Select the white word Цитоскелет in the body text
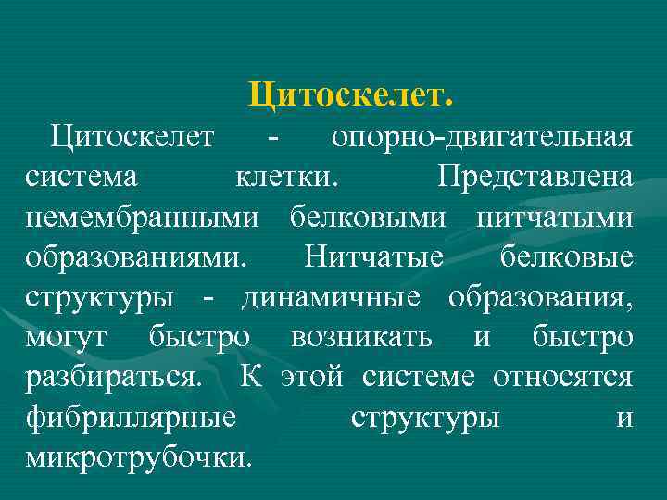(133, 138)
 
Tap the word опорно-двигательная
(483, 138)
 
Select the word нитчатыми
(555, 218)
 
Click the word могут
(69, 338)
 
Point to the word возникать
(360, 338)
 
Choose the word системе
(422, 378)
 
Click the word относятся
(563, 378)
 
